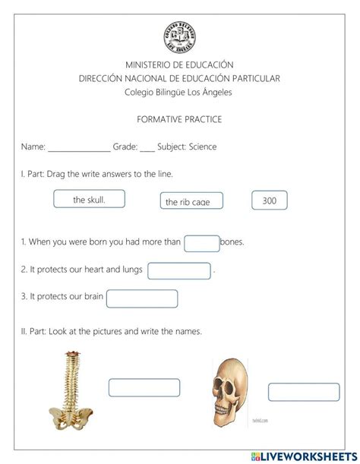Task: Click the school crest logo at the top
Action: point(179,36)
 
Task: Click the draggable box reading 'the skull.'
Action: point(89,199)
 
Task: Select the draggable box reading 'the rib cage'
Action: point(193,201)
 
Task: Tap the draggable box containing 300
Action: point(270,200)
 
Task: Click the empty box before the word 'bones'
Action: point(201,243)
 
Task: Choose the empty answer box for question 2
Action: point(179,270)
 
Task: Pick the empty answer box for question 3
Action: point(142,298)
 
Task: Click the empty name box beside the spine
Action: point(144,387)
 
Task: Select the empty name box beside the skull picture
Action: point(303,392)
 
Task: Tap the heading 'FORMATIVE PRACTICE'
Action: point(179,120)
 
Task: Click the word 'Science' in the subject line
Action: point(203,147)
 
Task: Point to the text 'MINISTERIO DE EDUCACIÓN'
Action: point(179,65)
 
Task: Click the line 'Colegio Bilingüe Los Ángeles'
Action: point(179,93)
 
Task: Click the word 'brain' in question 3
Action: point(93,297)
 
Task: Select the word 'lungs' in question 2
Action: point(131,270)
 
